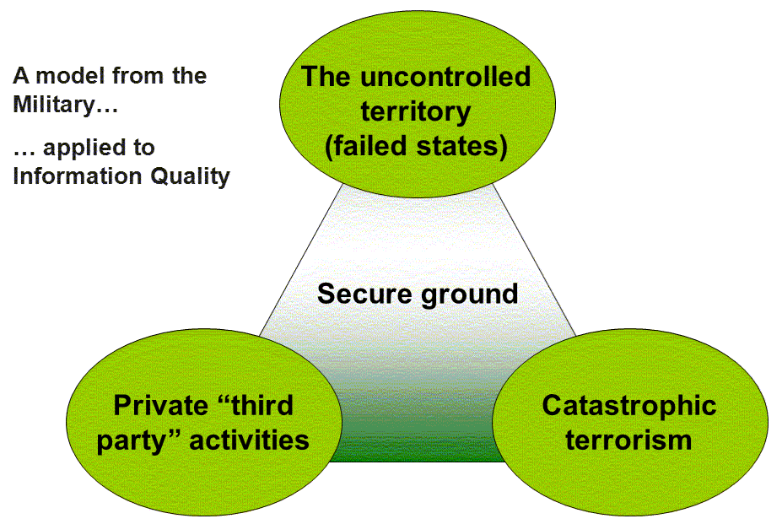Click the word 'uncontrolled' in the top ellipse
click(445, 78)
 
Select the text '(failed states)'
click(416, 147)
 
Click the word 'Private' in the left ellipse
click(159, 405)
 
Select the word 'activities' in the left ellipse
click(250, 440)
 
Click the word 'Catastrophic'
click(629, 406)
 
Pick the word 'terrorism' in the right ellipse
click(629, 440)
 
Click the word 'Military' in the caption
click(65, 105)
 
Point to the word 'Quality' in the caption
click(190, 177)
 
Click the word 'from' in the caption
click(138, 76)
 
